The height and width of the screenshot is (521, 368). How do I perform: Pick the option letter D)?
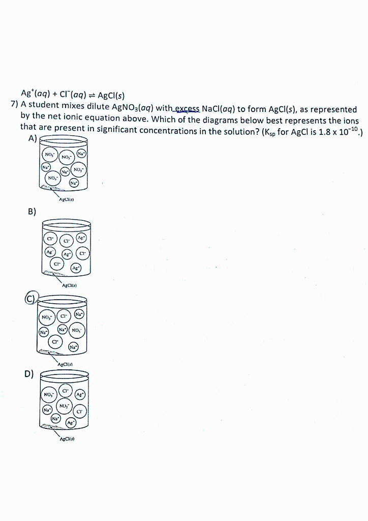pyautogui.click(x=29, y=374)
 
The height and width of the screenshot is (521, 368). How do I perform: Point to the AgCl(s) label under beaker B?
pyautogui.click(x=69, y=285)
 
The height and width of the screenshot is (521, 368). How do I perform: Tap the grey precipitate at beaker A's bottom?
pyautogui.click(x=49, y=188)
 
